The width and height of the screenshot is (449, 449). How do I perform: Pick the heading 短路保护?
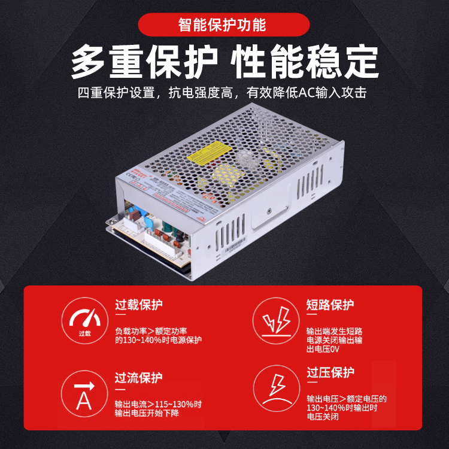coord(330,305)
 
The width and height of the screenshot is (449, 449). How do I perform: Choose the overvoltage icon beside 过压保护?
coord(277,389)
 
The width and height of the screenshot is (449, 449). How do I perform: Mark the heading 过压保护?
coord(330,373)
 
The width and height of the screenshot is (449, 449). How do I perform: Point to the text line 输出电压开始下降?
coord(147,413)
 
